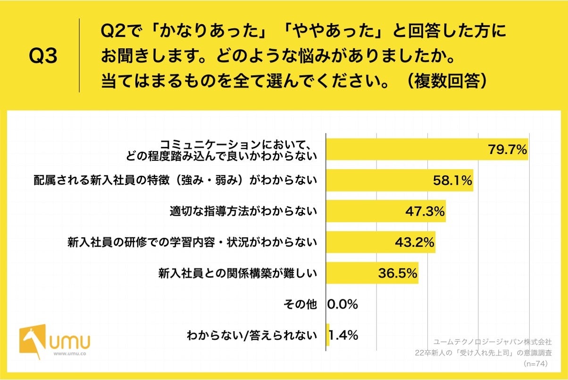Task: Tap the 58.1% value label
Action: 452,181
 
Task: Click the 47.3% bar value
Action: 425,212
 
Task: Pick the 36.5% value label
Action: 398,273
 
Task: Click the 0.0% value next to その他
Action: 342,304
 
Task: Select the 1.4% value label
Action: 343,335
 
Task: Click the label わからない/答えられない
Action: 252,336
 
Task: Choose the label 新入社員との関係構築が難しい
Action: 237,273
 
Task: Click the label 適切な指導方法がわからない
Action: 243,212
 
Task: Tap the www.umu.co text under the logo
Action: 69,354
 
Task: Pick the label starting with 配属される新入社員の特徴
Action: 175,181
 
